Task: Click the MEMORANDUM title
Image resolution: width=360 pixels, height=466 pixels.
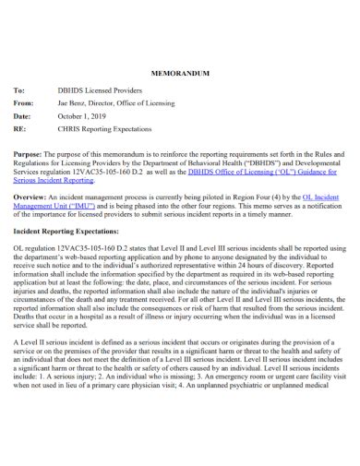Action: [x=179, y=71]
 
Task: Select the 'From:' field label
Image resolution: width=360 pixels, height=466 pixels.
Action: [x=24, y=105]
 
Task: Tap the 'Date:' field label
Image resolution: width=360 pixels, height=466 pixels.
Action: [x=23, y=118]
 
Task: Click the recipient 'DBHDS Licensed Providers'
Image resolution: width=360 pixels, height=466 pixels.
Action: [x=101, y=93]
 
